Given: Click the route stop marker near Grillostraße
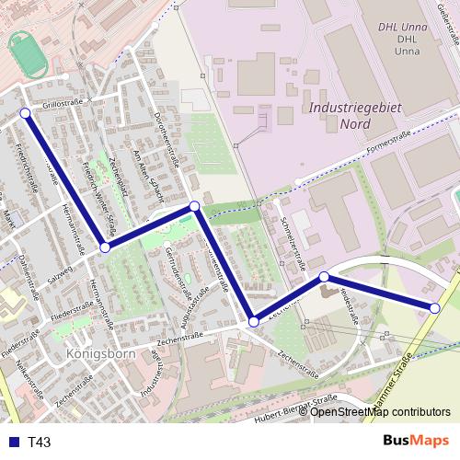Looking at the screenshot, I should click(x=25, y=113).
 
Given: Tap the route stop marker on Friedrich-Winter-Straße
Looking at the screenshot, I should click(x=105, y=247).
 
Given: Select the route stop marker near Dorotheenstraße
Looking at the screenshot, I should click(x=194, y=207).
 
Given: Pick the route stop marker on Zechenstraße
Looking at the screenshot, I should click(x=254, y=322).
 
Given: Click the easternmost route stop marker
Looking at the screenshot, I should click(x=435, y=308).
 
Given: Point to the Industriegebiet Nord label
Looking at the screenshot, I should click(x=356, y=115).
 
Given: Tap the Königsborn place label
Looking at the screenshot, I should click(x=101, y=353).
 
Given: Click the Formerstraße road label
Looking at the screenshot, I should click(x=387, y=141).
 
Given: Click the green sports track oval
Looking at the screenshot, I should click(x=30, y=55).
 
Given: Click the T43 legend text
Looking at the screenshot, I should click(x=40, y=443).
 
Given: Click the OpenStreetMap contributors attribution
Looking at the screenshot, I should click(x=380, y=412).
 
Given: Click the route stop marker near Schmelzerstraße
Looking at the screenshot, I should click(x=324, y=277).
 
